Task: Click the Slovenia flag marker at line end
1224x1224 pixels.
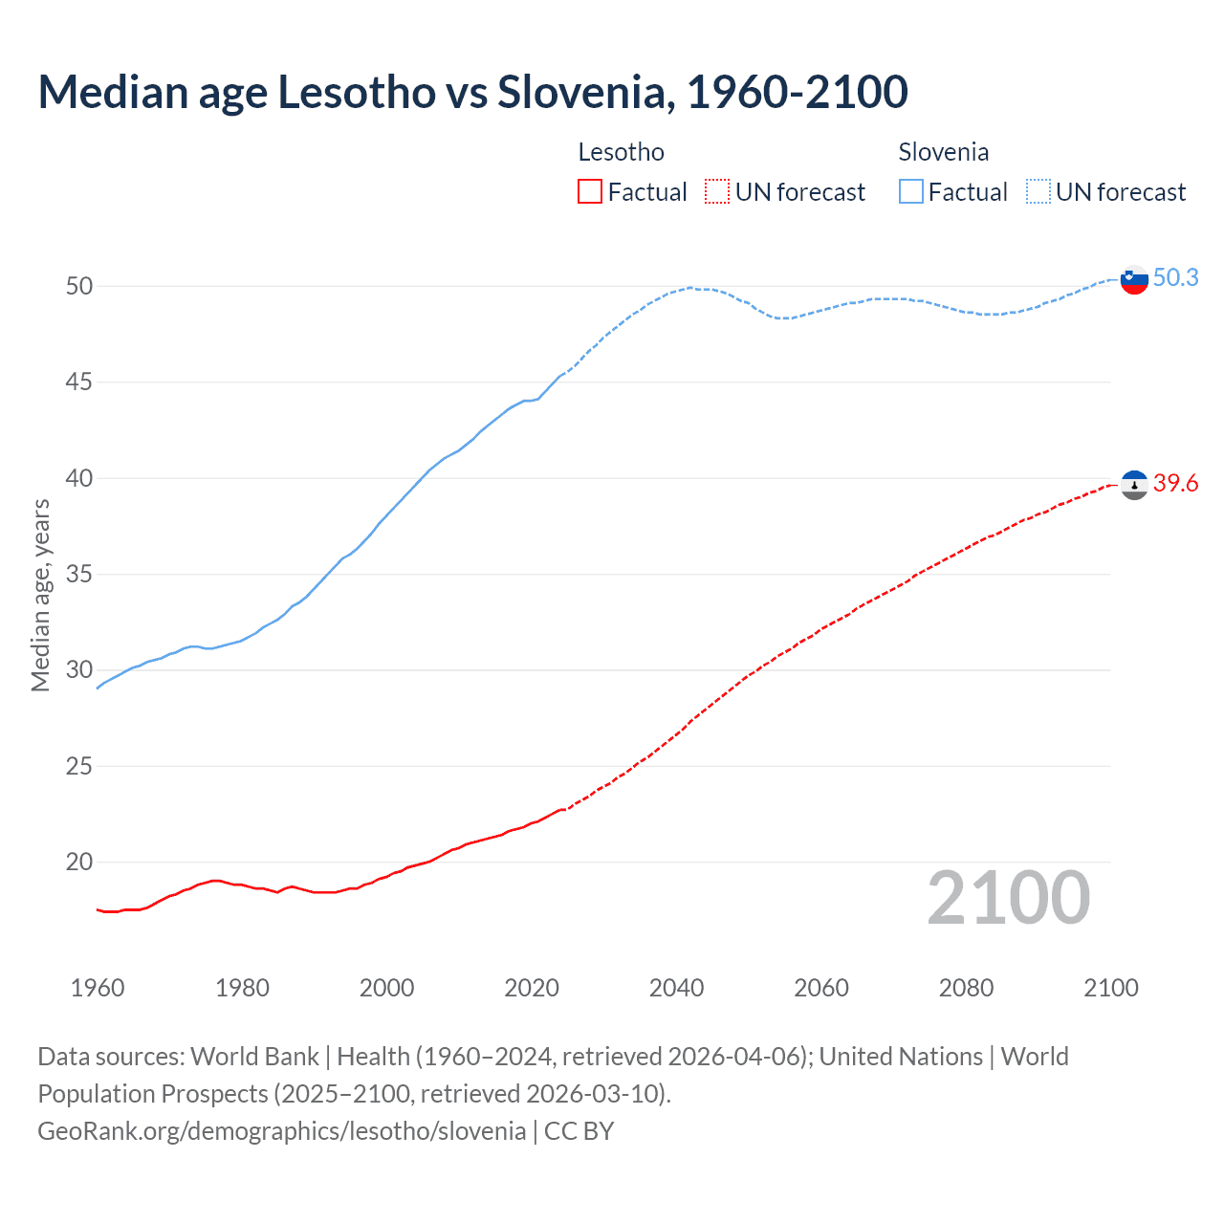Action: [1134, 280]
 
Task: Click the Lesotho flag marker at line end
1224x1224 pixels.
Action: [1134, 486]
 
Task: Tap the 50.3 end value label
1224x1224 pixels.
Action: [1175, 277]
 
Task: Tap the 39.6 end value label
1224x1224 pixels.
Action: [1175, 484]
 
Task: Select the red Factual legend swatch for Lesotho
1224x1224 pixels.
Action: [590, 192]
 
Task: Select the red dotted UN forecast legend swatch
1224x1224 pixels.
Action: [717, 192]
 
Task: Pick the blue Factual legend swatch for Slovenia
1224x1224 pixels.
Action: [911, 192]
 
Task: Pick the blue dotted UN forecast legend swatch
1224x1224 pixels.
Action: [1038, 192]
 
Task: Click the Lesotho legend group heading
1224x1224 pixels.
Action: [621, 152]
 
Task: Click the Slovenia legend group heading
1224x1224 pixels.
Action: [943, 152]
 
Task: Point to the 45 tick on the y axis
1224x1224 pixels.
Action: [79, 382]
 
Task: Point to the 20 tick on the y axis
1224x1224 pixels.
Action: [79, 863]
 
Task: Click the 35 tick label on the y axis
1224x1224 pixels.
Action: [79, 575]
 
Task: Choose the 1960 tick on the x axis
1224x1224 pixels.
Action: [98, 988]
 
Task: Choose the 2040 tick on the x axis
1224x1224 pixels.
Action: [676, 988]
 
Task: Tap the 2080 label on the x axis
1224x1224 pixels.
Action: [966, 988]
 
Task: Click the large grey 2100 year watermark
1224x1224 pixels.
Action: [1008, 897]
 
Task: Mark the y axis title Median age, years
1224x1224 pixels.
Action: [40, 595]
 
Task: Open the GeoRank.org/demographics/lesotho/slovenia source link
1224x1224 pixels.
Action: [281, 1131]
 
